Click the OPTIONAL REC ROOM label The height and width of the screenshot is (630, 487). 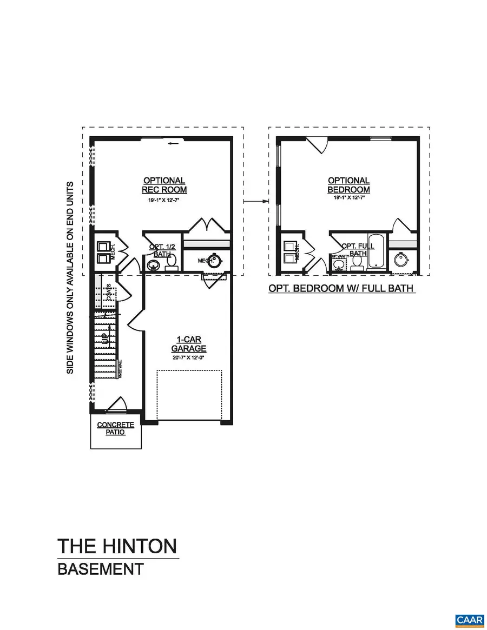(x=164, y=185)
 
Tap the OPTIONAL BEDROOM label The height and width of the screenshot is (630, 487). (x=348, y=185)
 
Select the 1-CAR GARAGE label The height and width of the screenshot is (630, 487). (x=189, y=344)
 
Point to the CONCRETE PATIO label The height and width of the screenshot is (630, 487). (x=115, y=428)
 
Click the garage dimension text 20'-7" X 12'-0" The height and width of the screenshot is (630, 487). (x=189, y=359)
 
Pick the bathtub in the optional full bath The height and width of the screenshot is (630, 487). (x=376, y=251)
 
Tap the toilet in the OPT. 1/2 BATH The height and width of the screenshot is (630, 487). (x=172, y=262)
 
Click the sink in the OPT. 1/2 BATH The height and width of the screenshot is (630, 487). (x=153, y=265)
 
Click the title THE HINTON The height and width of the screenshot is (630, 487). (x=117, y=546)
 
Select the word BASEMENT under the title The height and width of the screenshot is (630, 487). (x=101, y=569)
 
